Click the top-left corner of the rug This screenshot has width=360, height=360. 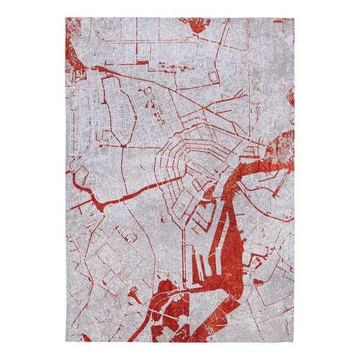click(x=66, y=18)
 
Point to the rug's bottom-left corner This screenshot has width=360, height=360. click(x=66, y=343)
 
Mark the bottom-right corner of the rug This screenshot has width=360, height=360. click(x=294, y=342)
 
